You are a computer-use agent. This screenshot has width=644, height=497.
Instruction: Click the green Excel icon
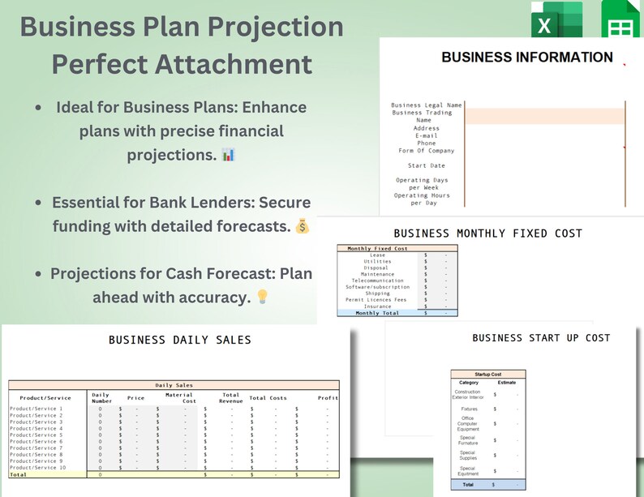[556, 22]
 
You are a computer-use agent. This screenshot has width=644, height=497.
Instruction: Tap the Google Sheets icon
[620, 22]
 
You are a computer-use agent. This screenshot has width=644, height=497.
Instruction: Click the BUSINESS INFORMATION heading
[526, 58]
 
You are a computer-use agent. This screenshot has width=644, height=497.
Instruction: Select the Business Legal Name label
[426, 105]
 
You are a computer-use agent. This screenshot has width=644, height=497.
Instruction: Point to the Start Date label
[426, 165]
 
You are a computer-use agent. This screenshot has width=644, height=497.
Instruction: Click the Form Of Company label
[426, 151]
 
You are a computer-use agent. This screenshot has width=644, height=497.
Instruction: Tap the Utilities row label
[377, 262]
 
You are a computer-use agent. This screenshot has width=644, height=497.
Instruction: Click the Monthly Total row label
[378, 312]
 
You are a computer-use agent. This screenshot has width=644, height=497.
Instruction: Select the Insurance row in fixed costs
[377, 306]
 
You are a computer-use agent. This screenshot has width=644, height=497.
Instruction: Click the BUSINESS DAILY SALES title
[180, 341]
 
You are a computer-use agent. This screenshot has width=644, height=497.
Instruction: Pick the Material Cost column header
[180, 398]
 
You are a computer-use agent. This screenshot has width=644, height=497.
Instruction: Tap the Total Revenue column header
[230, 398]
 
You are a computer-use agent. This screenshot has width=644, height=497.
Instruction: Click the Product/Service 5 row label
[36, 435]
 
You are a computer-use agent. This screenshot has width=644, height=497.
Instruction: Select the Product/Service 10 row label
[38, 468]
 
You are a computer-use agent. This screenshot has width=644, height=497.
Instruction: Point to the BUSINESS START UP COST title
[541, 338]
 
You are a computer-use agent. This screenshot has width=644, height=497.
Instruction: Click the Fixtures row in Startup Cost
[468, 409]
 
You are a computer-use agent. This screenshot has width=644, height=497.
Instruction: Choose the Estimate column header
[506, 382]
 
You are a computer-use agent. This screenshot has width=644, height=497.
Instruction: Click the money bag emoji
[303, 227]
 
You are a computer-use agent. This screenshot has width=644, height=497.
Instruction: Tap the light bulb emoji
[262, 298]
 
